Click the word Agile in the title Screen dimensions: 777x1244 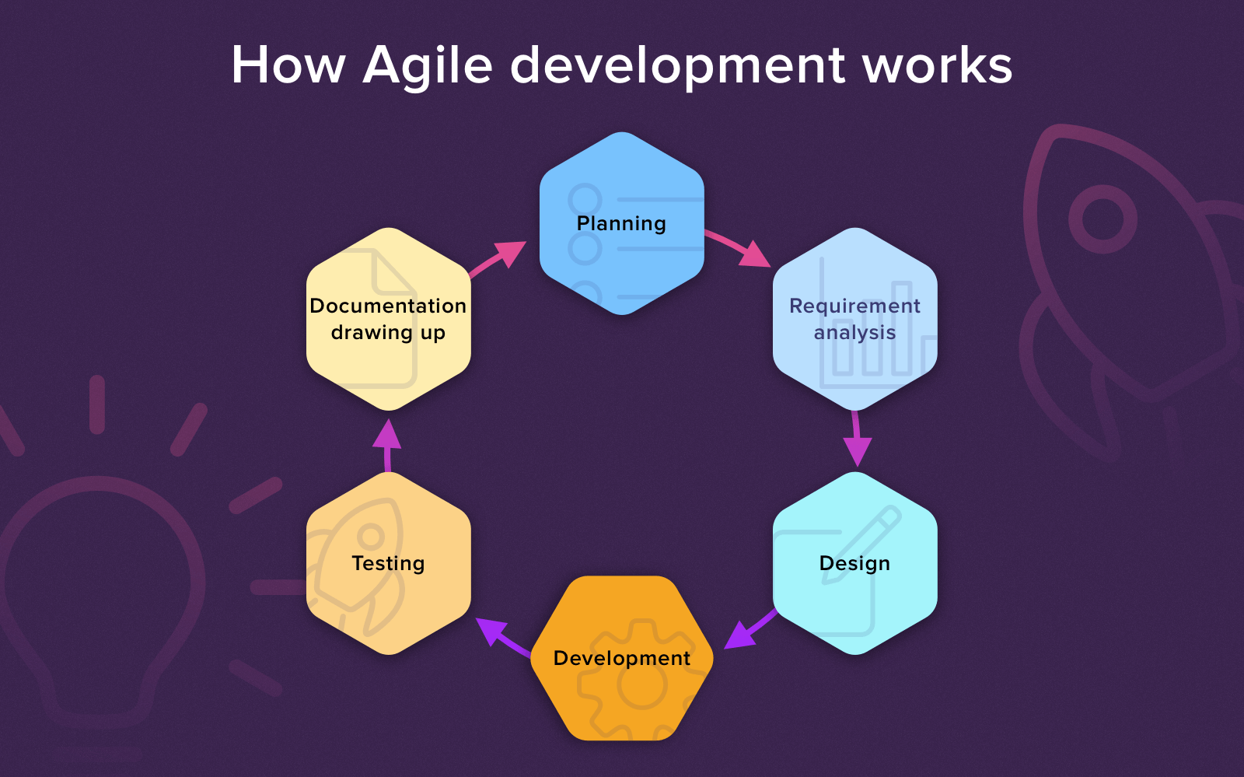(428, 65)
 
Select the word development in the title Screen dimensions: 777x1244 (677, 65)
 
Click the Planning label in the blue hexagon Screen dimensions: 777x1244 (621, 223)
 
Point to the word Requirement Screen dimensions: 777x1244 (854, 306)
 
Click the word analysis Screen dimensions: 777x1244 (854, 333)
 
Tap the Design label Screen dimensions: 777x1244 (854, 563)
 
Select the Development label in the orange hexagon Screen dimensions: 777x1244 (621, 658)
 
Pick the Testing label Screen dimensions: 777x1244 (388, 563)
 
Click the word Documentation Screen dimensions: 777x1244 (388, 306)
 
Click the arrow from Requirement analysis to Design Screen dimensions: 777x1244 (856, 439)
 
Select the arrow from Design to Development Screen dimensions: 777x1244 (750, 629)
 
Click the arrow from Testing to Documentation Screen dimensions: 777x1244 (387, 445)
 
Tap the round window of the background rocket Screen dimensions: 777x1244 (1102, 219)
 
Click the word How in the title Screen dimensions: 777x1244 (288, 65)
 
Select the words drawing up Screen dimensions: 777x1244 (388, 333)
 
